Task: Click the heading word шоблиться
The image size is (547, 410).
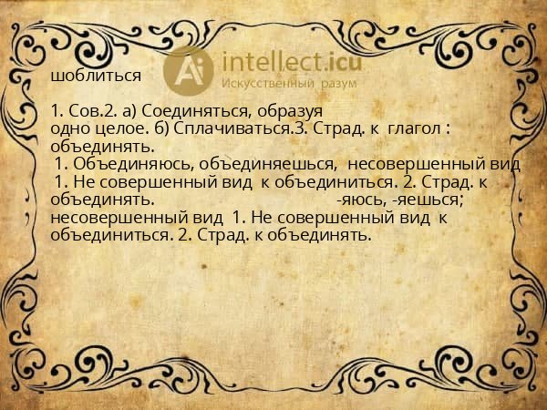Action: point(96,76)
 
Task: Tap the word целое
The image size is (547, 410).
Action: point(112,128)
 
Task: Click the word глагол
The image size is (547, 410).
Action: point(415,128)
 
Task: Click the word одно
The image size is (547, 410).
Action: point(68,128)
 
